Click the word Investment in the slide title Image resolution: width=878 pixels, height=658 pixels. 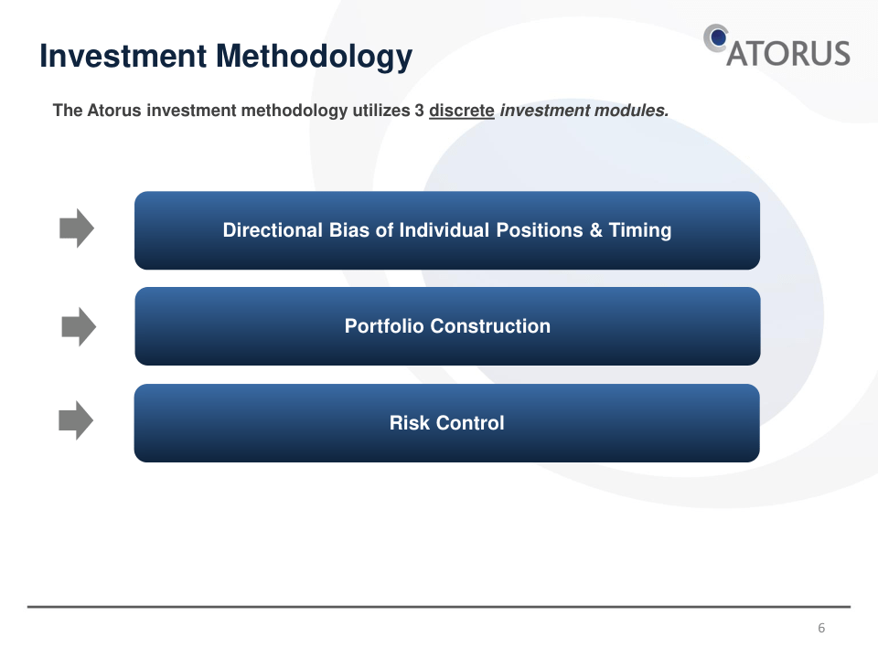click(x=123, y=56)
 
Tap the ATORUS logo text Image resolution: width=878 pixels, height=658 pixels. click(x=788, y=54)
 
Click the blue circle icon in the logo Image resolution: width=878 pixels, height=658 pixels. click(x=717, y=38)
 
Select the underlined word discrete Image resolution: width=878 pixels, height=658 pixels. click(x=461, y=111)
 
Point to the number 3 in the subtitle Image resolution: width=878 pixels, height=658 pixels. click(x=420, y=111)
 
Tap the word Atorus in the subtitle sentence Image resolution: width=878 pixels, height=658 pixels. click(x=114, y=111)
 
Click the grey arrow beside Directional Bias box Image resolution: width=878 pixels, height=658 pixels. click(x=77, y=228)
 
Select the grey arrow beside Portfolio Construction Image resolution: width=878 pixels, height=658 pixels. click(x=79, y=327)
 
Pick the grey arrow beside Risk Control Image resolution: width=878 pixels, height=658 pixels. click(x=76, y=420)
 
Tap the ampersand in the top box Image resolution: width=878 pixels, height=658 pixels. click(x=595, y=230)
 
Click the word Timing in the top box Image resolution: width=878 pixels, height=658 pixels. click(x=640, y=230)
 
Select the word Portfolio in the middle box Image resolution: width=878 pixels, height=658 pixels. click(x=385, y=326)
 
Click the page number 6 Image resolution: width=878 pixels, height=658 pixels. click(x=821, y=628)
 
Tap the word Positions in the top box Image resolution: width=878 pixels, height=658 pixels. click(x=540, y=230)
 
